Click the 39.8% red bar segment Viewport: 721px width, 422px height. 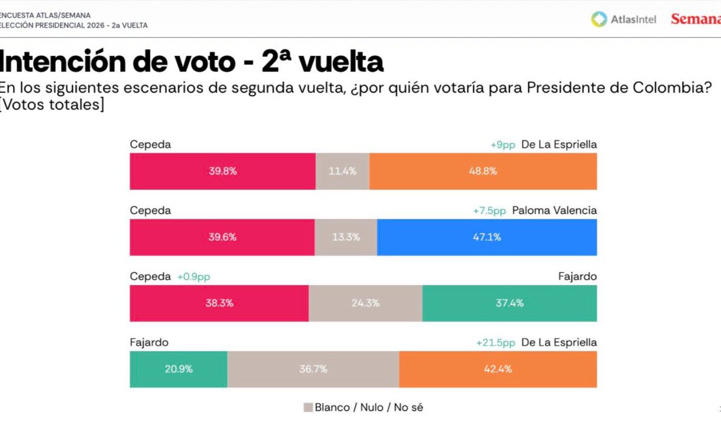(223, 171)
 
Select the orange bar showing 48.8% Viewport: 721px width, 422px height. (483, 171)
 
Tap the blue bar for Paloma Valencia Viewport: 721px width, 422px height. (487, 237)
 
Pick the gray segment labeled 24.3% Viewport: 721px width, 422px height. (365, 303)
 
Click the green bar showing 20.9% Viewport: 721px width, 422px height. (178, 369)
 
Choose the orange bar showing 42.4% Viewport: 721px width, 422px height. (497, 369)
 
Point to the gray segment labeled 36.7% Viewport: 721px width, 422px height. (313, 369)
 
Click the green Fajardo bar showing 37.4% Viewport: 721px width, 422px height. (510, 303)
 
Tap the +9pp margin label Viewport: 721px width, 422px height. (502, 145)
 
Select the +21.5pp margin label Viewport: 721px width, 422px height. (496, 343)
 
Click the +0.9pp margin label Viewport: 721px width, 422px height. (193, 277)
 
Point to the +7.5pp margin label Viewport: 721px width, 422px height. (490, 211)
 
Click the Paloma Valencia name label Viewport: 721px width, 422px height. (555, 211)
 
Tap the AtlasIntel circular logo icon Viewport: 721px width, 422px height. (599, 19)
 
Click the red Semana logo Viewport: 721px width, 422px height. (695, 19)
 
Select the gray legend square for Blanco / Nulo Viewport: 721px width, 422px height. (308, 408)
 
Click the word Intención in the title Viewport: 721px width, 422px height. (78, 62)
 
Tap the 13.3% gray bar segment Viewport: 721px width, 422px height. (345, 237)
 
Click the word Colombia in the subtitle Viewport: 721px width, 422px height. (675, 88)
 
